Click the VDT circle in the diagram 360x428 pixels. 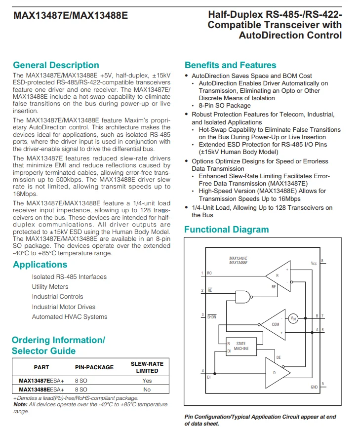click(293, 317)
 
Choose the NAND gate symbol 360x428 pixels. click(242, 296)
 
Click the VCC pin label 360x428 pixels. click(314, 264)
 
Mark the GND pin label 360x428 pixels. click(314, 387)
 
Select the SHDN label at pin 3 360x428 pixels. click(211, 316)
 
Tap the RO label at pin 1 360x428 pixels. click(209, 272)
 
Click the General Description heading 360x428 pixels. click(56, 65)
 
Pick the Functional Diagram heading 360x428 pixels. click(226, 230)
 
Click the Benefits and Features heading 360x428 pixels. click(230, 65)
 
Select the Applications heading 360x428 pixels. click(40, 265)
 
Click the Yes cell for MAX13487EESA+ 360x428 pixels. click(147, 381)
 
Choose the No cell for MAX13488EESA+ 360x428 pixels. click(147, 389)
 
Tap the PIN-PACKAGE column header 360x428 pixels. click(94, 367)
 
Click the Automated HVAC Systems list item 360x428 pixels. click(69, 317)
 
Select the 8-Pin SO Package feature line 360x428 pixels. click(225, 106)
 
